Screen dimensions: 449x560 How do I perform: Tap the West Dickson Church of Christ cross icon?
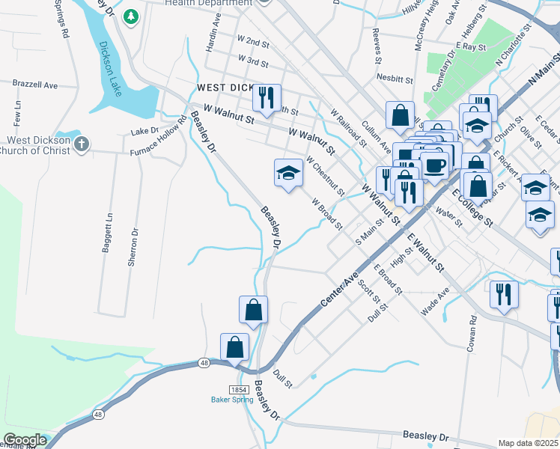pyautogui.click(x=83, y=143)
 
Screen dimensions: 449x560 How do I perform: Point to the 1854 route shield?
pyautogui.click(x=240, y=390)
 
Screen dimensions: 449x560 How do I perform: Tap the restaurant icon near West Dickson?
pyautogui.click(x=267, y=97)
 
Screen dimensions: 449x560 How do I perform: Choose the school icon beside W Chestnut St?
pyautogui.click(x=288, y=173)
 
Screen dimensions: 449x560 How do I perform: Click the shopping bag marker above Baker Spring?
pyautogui.click(x=253, y=309)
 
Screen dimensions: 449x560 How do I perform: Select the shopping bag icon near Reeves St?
pyautogui.click(x=401, y=115)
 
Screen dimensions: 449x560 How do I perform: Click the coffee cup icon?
pyautogui.click(x=435, y=165)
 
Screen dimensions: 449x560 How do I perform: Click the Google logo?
pyautogui.click(x=25, y=440)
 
